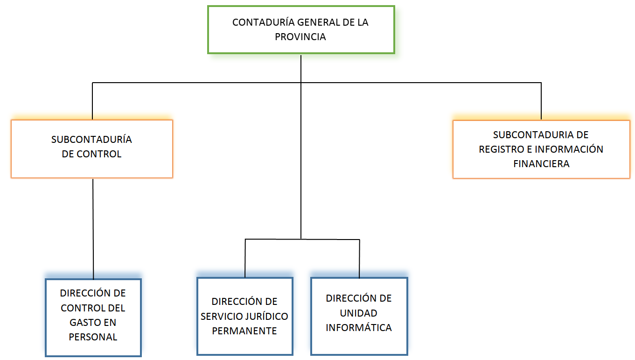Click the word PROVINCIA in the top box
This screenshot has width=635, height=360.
coord(300,37)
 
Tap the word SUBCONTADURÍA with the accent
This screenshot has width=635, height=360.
coord(91,140)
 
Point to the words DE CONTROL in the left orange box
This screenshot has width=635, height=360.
coord(91,154)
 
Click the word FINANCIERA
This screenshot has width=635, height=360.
coord(541,164)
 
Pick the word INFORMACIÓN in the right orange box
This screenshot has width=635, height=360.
coord(569,149)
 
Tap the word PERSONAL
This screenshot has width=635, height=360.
coord(93,337)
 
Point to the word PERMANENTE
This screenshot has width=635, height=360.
coord(244,331)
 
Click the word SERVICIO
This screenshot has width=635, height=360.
coord(221,316)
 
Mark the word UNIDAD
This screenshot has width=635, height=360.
coord(358,313)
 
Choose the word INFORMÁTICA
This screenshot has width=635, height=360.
coord(358,327)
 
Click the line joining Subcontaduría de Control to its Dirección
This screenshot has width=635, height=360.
coord(93,229)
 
